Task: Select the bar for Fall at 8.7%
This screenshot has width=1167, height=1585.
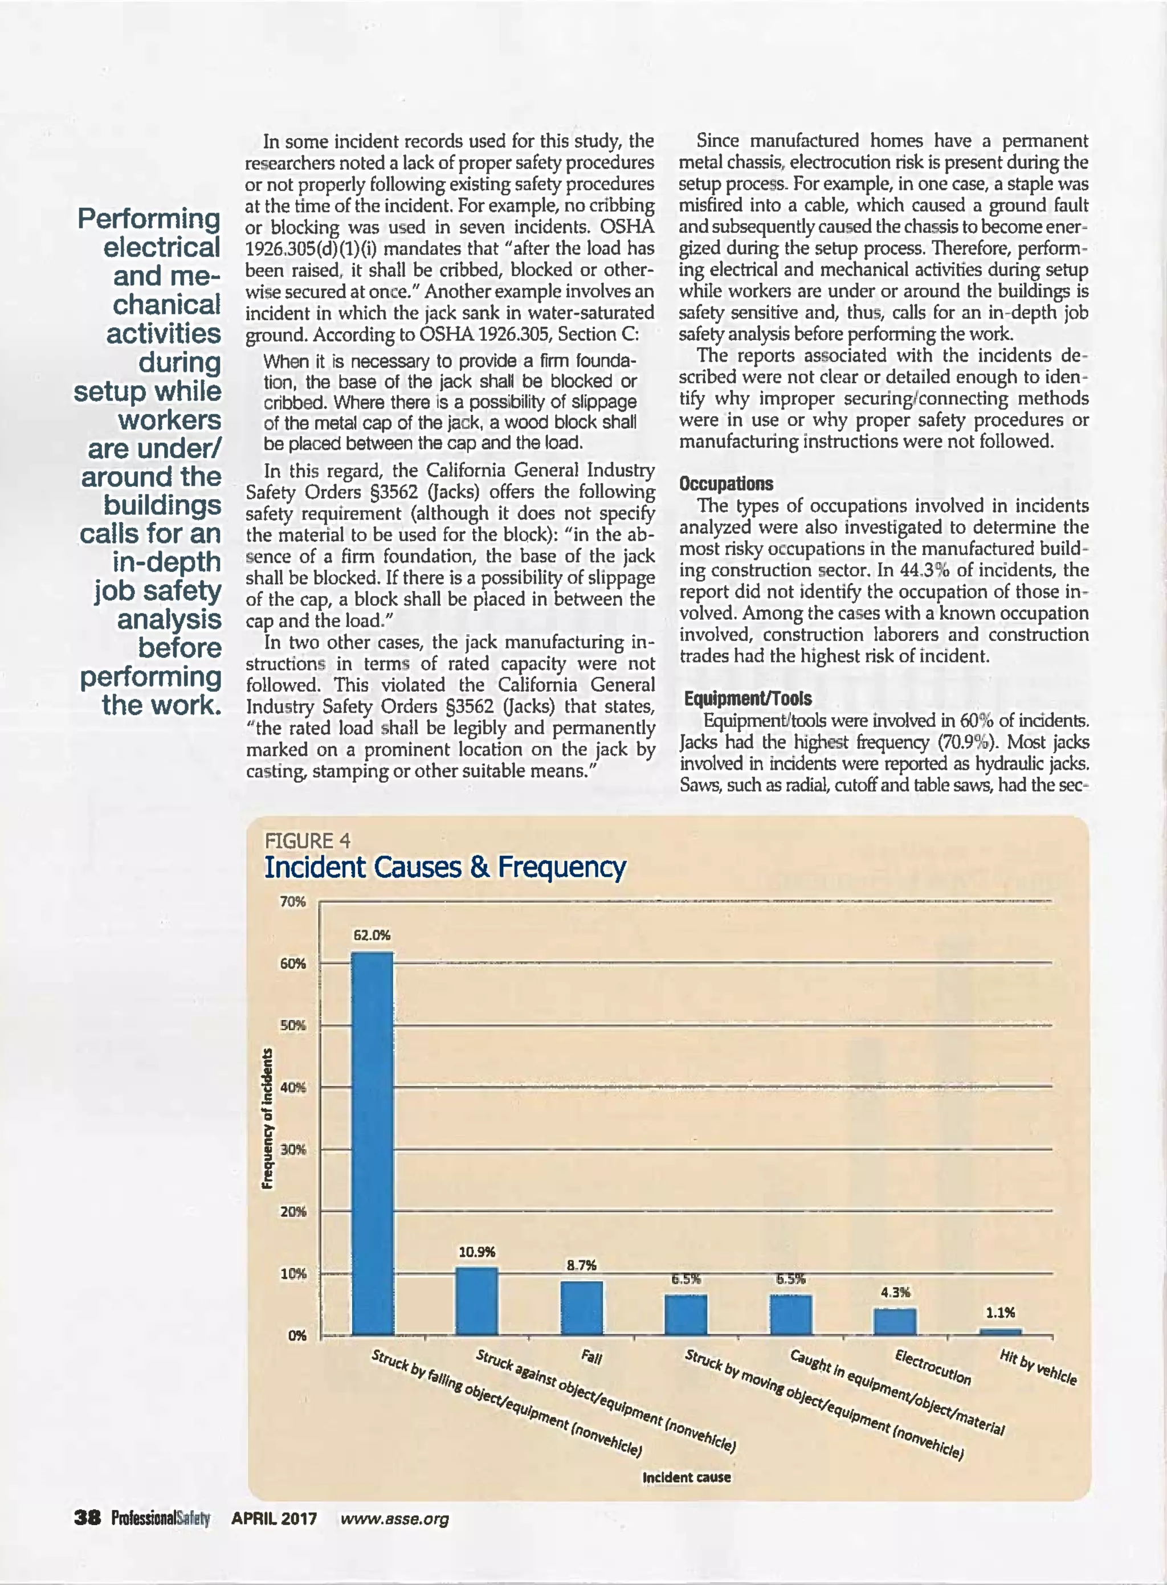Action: (581, 1308)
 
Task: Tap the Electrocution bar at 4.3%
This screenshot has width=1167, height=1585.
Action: (894, 1322)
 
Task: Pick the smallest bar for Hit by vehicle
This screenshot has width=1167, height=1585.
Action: (1000, 1331)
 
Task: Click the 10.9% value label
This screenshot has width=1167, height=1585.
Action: (477, 1252)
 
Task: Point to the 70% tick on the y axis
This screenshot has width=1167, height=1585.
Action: (293, 902)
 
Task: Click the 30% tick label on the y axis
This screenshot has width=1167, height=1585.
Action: (293, 1149)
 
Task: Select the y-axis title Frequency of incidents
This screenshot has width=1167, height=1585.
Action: (268, 1119)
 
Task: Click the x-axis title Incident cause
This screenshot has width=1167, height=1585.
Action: (686, 1477)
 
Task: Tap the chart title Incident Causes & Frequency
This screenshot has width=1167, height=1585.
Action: (444, 867)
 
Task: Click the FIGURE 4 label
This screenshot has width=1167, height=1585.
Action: (307, 840)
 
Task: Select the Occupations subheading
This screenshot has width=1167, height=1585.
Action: (725, 484)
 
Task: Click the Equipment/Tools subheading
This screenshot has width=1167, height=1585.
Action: (748, 698)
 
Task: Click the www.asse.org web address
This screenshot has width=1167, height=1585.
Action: (394, 1518)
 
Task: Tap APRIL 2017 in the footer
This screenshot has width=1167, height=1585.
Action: (274, 1518)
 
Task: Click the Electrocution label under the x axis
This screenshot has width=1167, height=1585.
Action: (932, 1367)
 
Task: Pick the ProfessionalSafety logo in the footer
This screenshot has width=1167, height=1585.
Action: (160, 1518)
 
